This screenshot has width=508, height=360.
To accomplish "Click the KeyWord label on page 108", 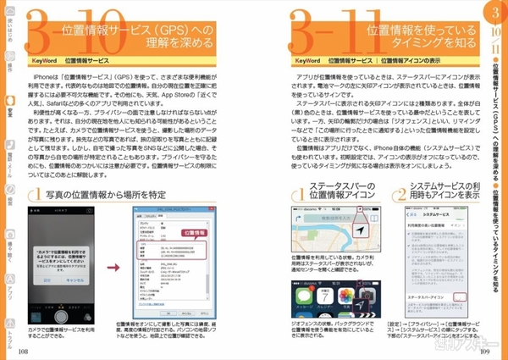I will [x=42, y=62].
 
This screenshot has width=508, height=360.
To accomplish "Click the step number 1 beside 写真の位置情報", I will [x=35, y=198].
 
